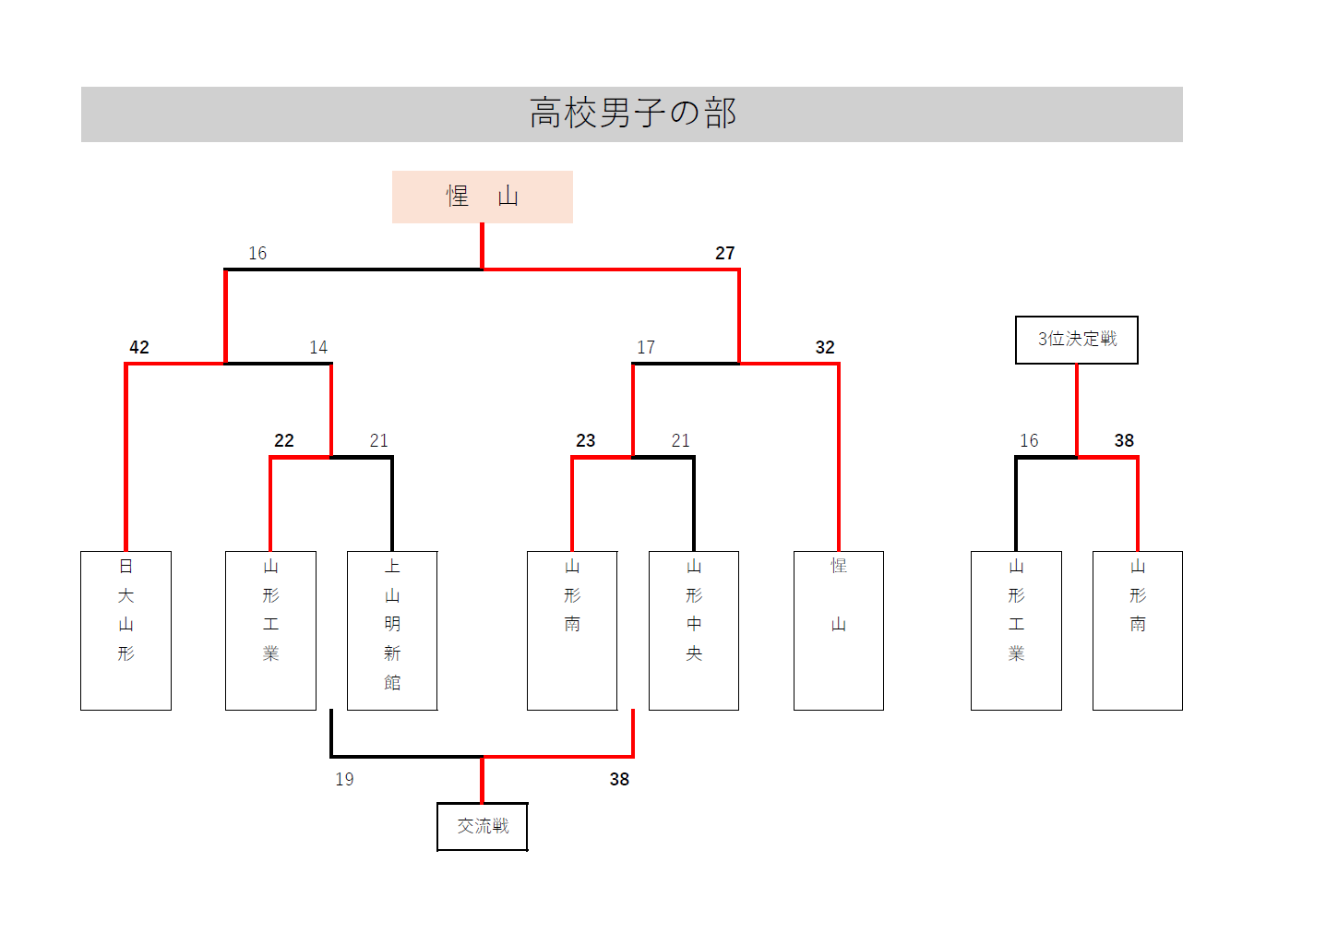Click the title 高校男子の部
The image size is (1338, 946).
click(632, 114)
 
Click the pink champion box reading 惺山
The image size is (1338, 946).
click(482, 197)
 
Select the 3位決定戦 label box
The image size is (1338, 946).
click(1076, 340)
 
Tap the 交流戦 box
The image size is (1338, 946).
click(482, 826)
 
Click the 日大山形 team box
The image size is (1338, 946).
click(125, 630)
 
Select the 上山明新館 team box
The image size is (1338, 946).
click(392, 630)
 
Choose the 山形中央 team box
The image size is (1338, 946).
click(694, 630)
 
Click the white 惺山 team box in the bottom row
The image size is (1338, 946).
click(838, 630)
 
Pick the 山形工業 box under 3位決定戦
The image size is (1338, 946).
click(1016, 630)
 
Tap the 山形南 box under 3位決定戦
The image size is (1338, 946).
click(1137, 630)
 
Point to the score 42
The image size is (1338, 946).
click(139, 347)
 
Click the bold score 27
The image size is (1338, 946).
click(725, 253)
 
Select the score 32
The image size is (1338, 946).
click(825, 347)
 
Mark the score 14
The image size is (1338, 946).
click(318, 347)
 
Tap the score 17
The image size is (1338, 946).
click(646, 347)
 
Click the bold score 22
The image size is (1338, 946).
click(284, 440)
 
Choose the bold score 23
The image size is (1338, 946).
click(586, 440)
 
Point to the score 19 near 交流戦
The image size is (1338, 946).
click(344, 779)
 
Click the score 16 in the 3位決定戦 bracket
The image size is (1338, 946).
click(1029, 440)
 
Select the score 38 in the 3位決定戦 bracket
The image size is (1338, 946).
click(1124, 440)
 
